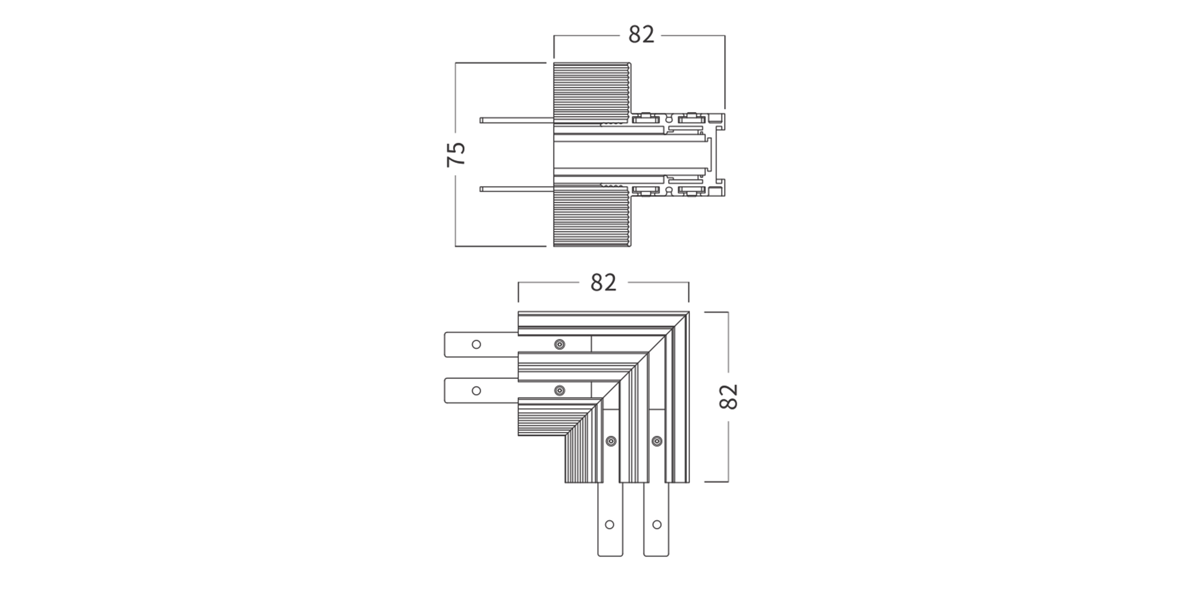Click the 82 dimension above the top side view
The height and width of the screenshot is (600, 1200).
[x=641, y=35]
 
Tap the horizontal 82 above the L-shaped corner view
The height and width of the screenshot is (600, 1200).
[x=603, y=283]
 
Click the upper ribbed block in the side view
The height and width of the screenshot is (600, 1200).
[x=592, y=93]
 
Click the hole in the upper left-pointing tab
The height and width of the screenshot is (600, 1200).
[x=476, y=345]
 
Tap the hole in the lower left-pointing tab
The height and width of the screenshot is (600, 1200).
[x=476, y=390]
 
